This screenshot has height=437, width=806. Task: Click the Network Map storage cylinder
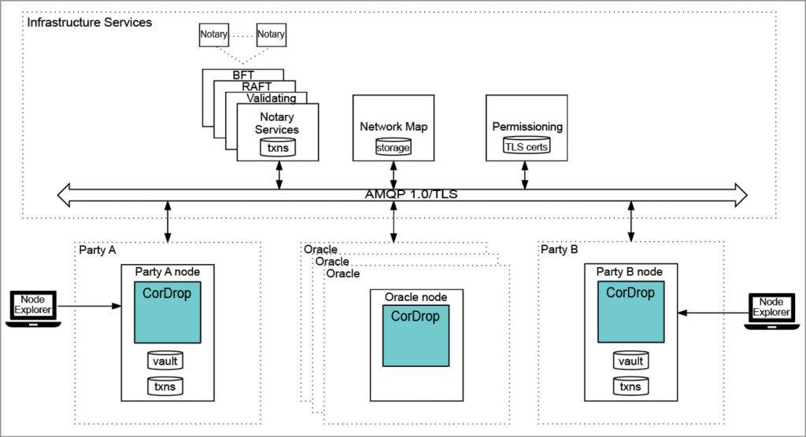coord(393,146)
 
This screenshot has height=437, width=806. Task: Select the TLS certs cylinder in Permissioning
coord(527,145)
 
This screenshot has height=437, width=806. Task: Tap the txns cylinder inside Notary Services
coord(278,147)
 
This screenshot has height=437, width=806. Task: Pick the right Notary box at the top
coord(271,35)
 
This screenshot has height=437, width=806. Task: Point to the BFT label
coord(243,75)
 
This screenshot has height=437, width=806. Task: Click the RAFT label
coord(257,86)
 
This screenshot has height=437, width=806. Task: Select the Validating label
coord(271,98)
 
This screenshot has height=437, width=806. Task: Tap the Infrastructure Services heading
coord(89,22)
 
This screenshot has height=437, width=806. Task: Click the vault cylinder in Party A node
coord(165,361)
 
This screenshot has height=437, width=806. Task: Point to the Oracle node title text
coord(416,297)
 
